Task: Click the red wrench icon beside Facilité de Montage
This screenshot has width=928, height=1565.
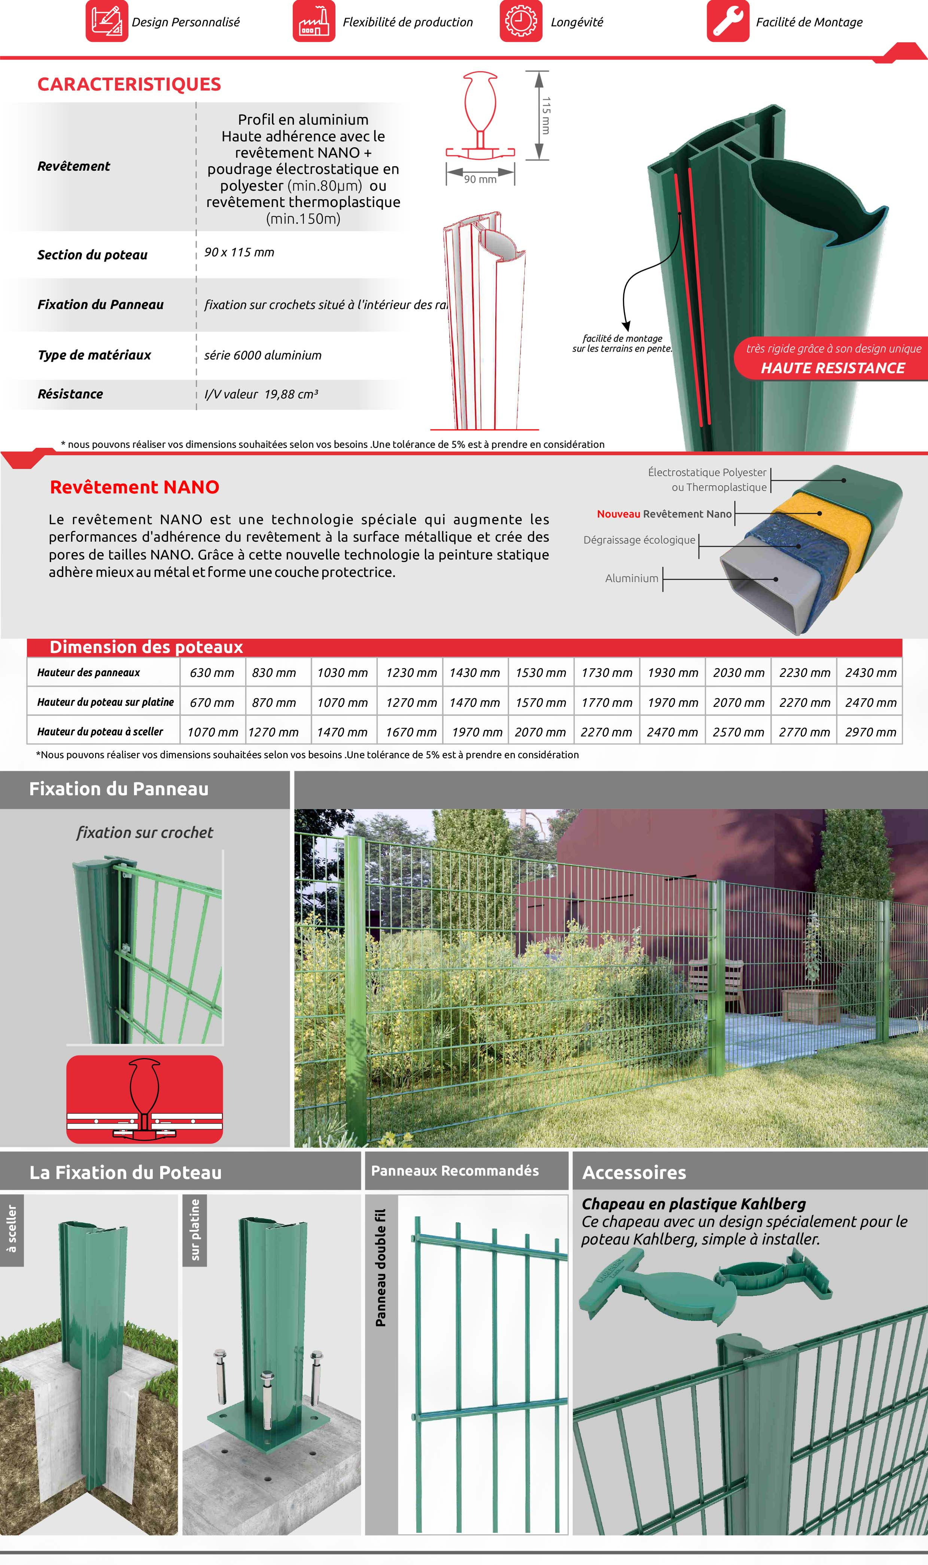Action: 727,21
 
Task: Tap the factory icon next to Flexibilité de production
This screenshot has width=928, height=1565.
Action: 314,21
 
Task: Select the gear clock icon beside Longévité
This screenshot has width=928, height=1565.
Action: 520,21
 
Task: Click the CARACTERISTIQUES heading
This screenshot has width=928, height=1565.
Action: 129,84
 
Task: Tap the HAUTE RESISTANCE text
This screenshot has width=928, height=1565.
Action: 832,368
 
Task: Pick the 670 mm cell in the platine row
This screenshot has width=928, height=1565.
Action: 212,702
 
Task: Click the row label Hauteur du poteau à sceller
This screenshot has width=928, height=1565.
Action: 100,732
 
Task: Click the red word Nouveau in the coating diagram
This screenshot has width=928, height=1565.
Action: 618,514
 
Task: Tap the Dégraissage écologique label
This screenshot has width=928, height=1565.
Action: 639,540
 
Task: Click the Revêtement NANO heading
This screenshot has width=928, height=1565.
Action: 134,487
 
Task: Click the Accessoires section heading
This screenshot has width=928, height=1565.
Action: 634,1172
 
